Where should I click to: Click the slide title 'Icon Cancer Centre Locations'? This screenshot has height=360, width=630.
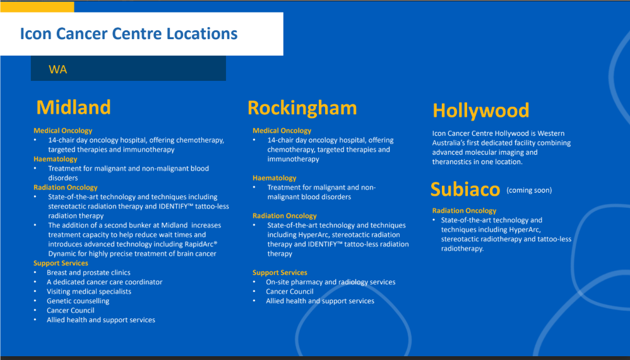(129, 33)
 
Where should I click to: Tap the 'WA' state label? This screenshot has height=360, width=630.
(58, 69)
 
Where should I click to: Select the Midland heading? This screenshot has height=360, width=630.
(73, 107)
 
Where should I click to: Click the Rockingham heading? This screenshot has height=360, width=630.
(302, 108)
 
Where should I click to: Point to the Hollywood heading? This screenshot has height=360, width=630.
(481, 111)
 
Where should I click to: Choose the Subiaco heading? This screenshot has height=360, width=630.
(465, 189)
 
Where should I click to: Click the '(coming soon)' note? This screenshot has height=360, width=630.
(529, 191)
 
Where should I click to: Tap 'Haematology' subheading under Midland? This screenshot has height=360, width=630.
(56, 159)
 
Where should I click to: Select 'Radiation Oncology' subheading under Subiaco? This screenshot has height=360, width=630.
(464, 210)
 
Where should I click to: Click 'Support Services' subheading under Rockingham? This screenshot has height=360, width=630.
(280, 272)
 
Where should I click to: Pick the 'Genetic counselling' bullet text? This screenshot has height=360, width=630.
(78, 301)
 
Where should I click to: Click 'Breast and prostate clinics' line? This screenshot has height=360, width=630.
(88, 272)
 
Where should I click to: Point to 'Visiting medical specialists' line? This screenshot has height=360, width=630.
(89, 291)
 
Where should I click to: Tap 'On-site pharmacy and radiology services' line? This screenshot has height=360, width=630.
(331, 282)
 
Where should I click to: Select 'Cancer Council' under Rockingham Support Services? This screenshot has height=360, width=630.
(290, 291)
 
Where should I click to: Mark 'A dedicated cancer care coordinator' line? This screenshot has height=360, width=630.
(104, 282)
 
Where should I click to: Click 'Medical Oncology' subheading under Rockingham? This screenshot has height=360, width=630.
(282, 131)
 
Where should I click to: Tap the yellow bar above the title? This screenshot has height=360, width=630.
(37, 6)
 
